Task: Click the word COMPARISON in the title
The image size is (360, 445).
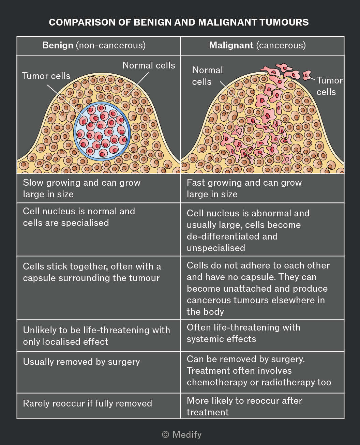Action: click(82, 22)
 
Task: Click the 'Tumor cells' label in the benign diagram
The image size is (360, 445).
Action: click(46, 76)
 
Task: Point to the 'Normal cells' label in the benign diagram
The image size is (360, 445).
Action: click(149, 65)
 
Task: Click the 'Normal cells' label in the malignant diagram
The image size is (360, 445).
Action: click(207, 76)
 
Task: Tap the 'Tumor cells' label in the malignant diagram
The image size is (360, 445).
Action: click(329, 86)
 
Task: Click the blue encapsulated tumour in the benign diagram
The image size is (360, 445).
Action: click(102, 131)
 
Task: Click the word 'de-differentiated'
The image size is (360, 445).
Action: click(232, 236)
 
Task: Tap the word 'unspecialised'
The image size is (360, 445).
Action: click(216, 248)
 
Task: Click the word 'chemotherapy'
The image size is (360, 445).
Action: click(217, 382)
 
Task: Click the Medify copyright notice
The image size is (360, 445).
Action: click(182, 434)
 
